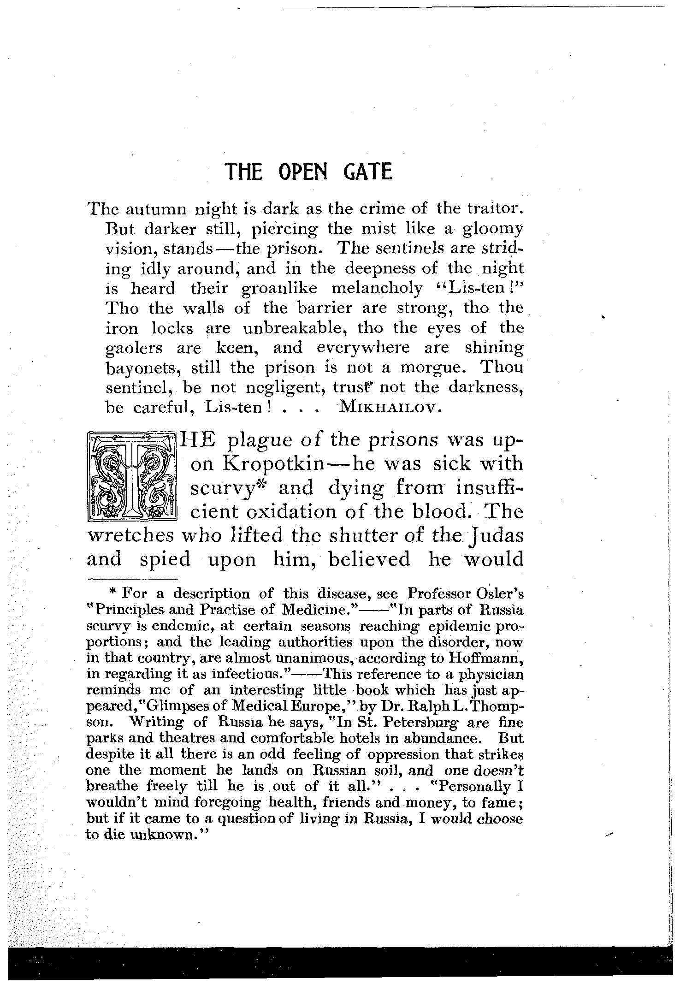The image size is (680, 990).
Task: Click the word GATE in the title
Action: [x=367, y=172]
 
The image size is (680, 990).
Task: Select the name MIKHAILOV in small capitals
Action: [x=391, y=408]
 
